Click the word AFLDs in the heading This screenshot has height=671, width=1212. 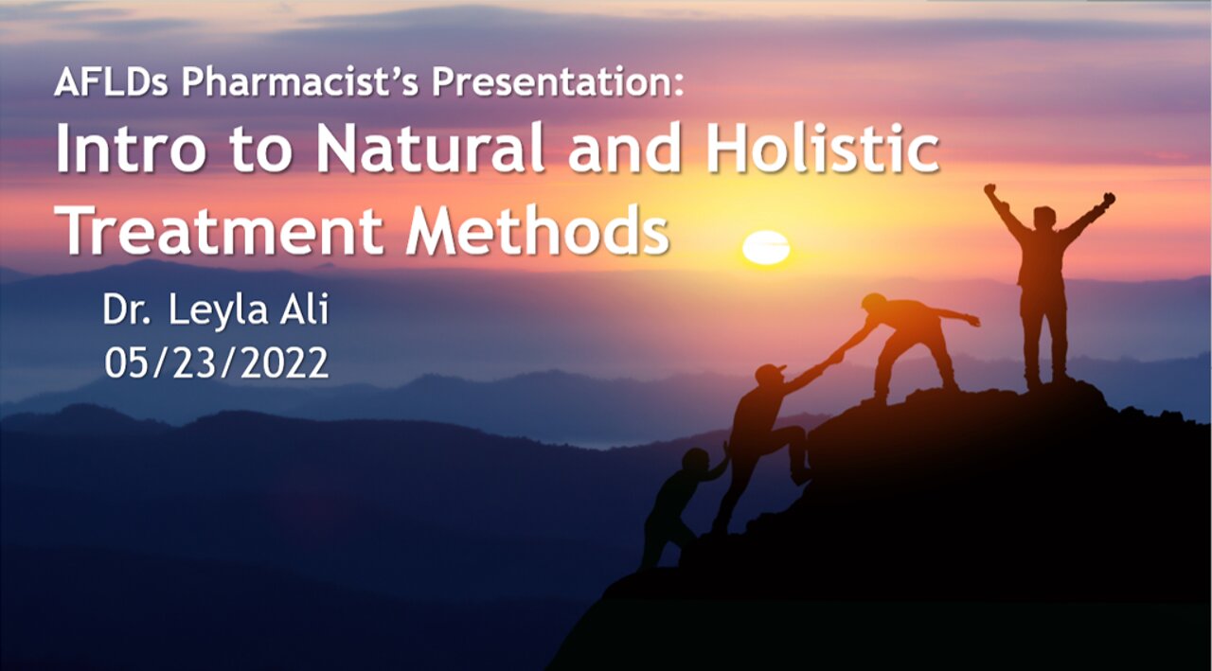click(x=112, y=81)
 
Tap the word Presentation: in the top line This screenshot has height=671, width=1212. click(x=558, y=81)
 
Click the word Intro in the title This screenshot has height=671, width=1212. click(x=131, y=149)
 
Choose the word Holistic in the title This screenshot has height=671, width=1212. click(x=823, y=149)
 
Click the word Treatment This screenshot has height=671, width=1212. click(x=222, y=231)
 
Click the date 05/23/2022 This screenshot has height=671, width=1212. click(x=217, y=362)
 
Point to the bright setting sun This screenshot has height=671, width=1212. click(x=766, y=248)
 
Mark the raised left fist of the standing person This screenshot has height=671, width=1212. click(x=990, y=190)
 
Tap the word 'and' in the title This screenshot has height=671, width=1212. click(x=625, y=149)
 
